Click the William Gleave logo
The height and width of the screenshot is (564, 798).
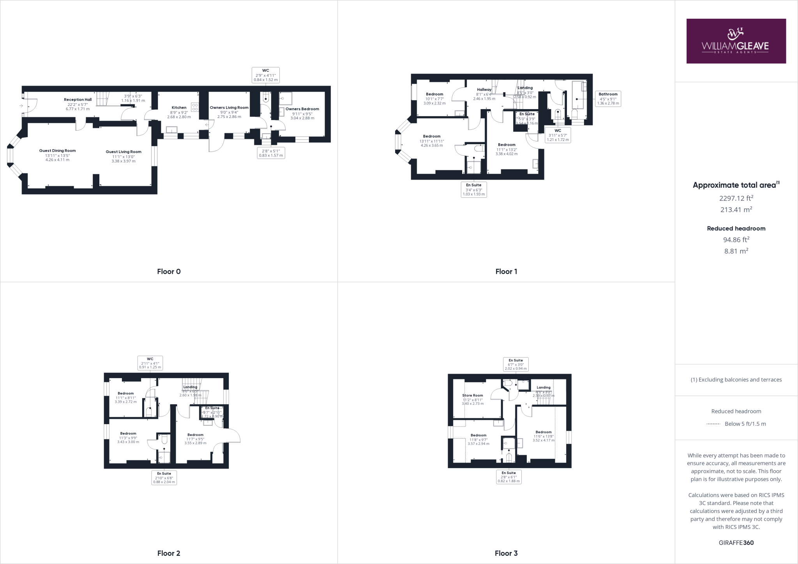pyautogui.click(x=736, y=41)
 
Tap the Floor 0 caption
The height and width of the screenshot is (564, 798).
pyautogui.click(x=169, y=271)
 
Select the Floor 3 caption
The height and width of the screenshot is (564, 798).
pyautogui.click(x=506, y=553)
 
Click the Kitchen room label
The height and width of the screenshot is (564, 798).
pyautogui.click(x=179, y=108)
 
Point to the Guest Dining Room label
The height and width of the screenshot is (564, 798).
pyautogui.click(x=57, y=151)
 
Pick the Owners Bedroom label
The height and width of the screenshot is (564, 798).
pyautogui.click(x=302, y=109)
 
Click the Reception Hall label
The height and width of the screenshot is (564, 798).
pyautogui.click(x=78, y=100)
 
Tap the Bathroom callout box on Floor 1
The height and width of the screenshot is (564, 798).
pyautogui.click(x=608, y=99)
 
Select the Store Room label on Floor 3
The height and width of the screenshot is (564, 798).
pyautogui.click(x=472, y=395)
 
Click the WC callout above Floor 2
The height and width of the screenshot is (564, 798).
pyautogui.click(x=150, y=363)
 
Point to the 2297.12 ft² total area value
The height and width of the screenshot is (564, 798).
pyautogui.click(x=736, y=198)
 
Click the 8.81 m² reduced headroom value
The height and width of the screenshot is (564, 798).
pyautogui.click(x=736, y=251)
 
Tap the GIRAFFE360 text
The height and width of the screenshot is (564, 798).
pyautogui.click(x=736, y=543)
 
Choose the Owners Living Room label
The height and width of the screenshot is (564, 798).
pyautogui.click(x=229, y=108)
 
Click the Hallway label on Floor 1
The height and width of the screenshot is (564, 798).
pyautogui.click(x=484, y=90)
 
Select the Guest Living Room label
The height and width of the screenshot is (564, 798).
pyautogui.click(x=124, y=152)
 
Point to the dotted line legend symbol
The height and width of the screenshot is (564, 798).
pyautogui.click(x=713, y=424)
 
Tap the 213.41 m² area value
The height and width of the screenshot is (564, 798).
pyautogui.click(x=736, y=210)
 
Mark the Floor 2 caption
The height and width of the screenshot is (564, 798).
pyautogui.click(x=169, y=553)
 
